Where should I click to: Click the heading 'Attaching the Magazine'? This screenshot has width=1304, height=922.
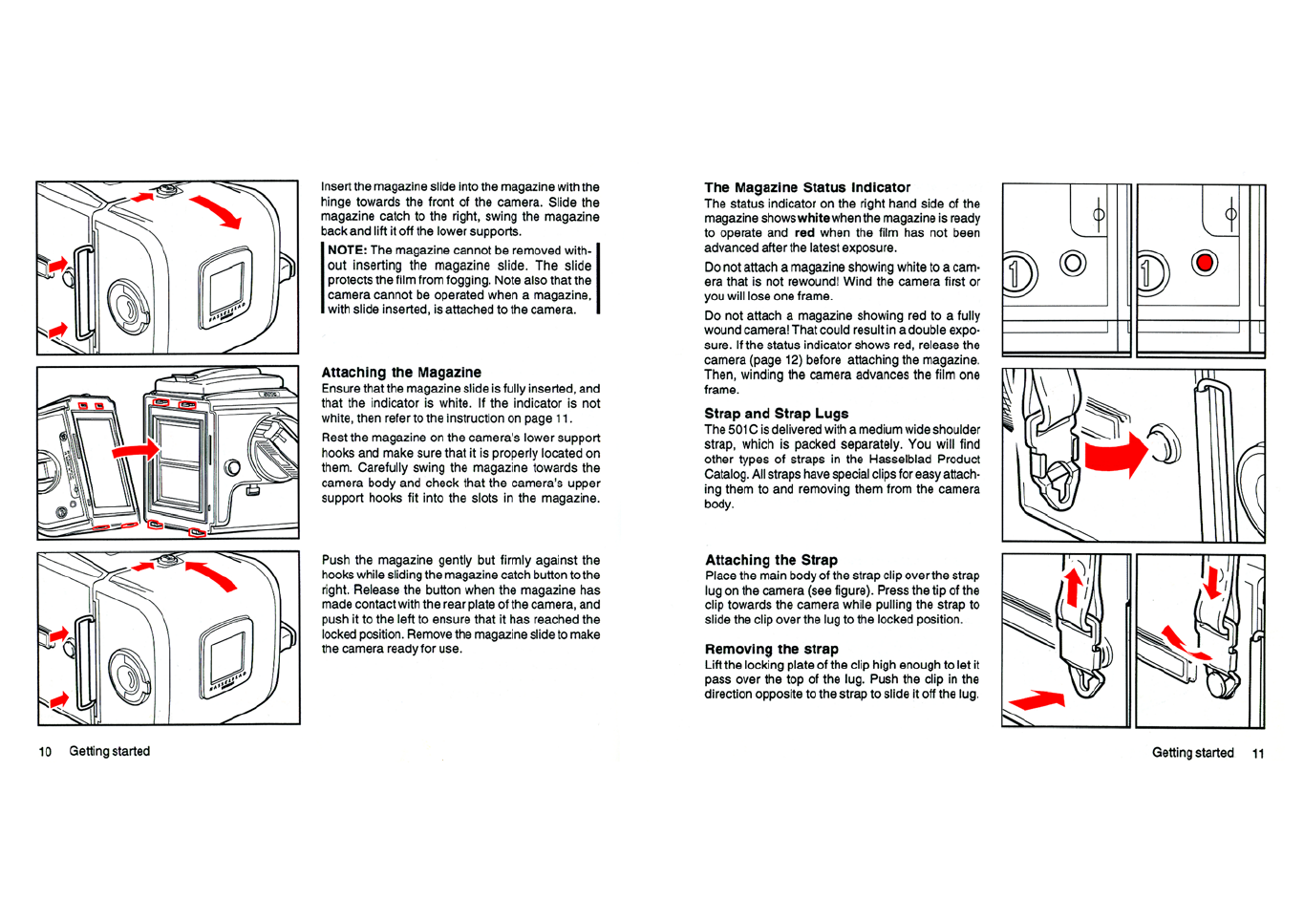(x=401, y=373)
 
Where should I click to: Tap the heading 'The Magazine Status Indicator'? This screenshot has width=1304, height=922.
(x=807, y=188)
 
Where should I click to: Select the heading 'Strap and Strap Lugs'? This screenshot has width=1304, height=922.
(x=776, y=414)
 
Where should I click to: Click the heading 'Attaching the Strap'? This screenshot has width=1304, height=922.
(x=771, y=560)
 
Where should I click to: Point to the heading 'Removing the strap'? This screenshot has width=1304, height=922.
(x=771, y=649)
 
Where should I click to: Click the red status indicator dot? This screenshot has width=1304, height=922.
(x=1205, y=263)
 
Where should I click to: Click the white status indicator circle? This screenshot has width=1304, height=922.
(x=1073, y=263)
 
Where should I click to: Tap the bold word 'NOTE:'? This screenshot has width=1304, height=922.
(x=348, y=250)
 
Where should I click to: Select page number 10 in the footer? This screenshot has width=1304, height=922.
(x=45, y=752)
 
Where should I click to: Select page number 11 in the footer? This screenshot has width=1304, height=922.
(x=1258, y=754)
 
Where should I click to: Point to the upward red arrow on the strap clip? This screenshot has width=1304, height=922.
(x=1073, y=586)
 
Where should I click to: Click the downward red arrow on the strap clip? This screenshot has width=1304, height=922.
(x=1213, y=582)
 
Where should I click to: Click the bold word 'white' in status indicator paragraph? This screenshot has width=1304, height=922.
(x=814, y=219)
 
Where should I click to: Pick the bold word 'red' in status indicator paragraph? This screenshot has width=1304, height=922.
(x=804, y=233)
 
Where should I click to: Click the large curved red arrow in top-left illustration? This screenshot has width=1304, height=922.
(x=216, y=211)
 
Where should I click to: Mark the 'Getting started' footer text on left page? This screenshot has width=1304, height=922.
(x=109, y=752)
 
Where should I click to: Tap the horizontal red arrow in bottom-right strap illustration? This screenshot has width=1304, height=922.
(x=1037, y=699)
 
